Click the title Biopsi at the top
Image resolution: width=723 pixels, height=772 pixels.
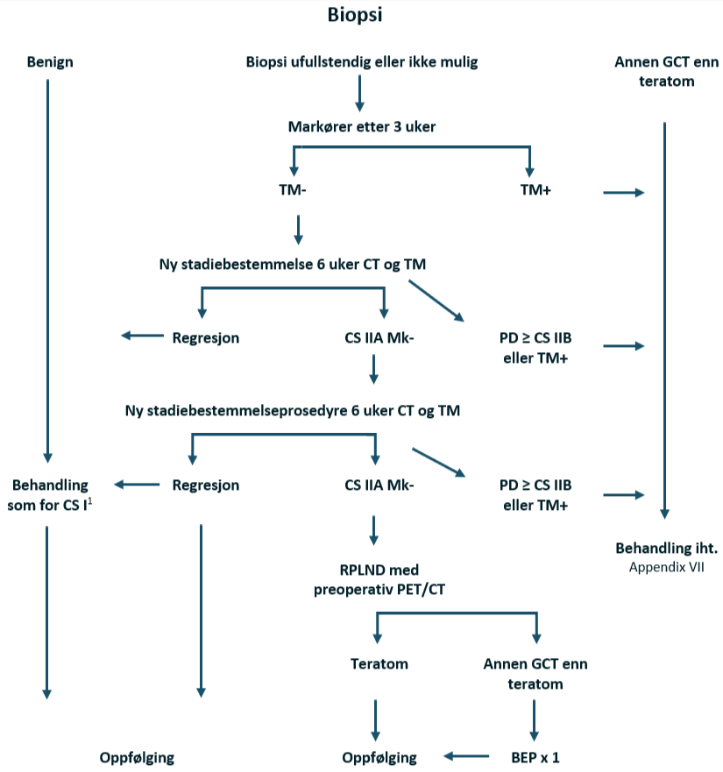click(355, 15)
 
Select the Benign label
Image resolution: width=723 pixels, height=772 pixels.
click(50, 62)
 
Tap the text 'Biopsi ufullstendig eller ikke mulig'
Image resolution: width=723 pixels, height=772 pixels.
click(362, 62)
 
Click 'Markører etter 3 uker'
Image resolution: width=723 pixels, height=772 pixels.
click(362, 127)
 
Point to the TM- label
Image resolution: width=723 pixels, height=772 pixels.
click(292, 189)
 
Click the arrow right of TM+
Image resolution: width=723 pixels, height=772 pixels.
click(623, 193)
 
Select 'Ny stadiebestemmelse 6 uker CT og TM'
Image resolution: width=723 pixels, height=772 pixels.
click(293, 263)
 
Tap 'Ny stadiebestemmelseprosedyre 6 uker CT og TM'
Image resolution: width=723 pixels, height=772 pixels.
click(293, 410)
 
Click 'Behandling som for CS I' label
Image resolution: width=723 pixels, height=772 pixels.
click(50, 493)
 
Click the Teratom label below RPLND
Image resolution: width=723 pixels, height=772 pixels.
click(379, 663)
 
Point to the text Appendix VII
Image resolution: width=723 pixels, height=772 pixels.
click(667, 566)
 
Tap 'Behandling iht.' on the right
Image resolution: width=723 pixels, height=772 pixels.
click(667, 549)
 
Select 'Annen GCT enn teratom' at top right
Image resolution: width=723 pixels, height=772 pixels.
click(667, 72)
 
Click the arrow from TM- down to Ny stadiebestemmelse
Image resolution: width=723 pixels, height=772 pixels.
click(299, 228)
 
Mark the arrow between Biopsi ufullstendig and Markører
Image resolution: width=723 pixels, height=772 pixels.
click(359, 93)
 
